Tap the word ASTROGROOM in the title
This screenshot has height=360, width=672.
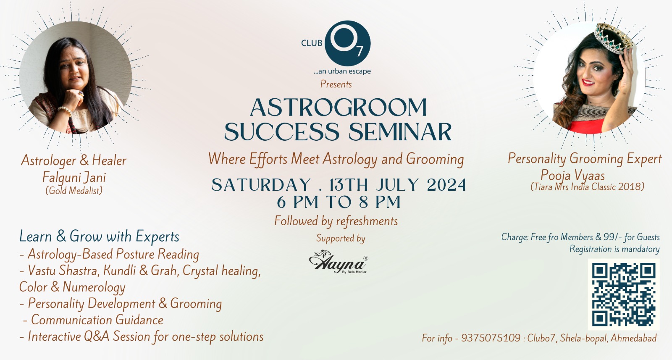(x=339, y=108)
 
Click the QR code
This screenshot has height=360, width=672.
(x=623, y=294)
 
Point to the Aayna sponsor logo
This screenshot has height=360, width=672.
(x=339, y=262)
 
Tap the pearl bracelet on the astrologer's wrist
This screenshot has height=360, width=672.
(x=65, y=110)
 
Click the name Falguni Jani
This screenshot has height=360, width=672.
(x=74, y=177)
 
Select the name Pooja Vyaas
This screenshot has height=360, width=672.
(x=572, y=175)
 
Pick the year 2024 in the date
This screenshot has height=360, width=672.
(x=446, y=185)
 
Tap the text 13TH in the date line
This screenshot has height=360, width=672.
(x=349, y=185)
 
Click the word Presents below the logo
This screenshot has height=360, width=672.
(x=336, y=84)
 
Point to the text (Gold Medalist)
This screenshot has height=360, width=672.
(x=74, y=190)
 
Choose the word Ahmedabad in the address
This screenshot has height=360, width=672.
(x=634, y=338)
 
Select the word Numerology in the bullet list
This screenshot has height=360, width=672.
(x=94, y=287)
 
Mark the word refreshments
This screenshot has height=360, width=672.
(x=367, y=221)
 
